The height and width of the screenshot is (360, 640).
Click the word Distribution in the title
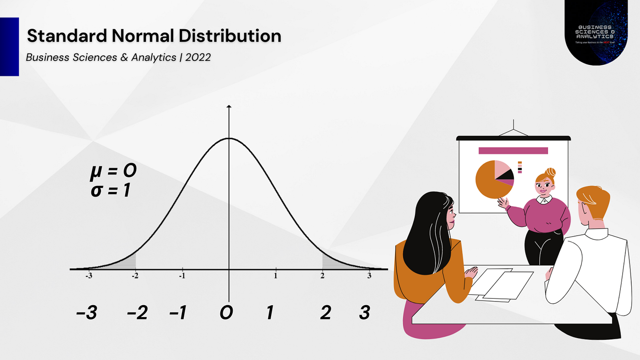pos(228,36)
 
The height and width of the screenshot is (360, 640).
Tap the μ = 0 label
pos(113,172)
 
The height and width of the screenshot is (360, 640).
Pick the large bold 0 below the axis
pos(226,313)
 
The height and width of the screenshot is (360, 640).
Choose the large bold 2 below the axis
pos(325,313)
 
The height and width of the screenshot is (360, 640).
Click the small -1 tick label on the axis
pos(182,275)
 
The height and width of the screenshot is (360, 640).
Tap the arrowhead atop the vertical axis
pos(229,107)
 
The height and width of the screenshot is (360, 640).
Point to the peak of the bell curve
pos(229,138)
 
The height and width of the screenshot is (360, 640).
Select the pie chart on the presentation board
pos(494,179)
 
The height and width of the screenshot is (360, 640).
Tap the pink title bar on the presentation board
pos(513,150)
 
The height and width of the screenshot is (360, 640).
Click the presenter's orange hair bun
pos(550,172)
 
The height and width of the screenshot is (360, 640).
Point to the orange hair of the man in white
pos(593,199)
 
